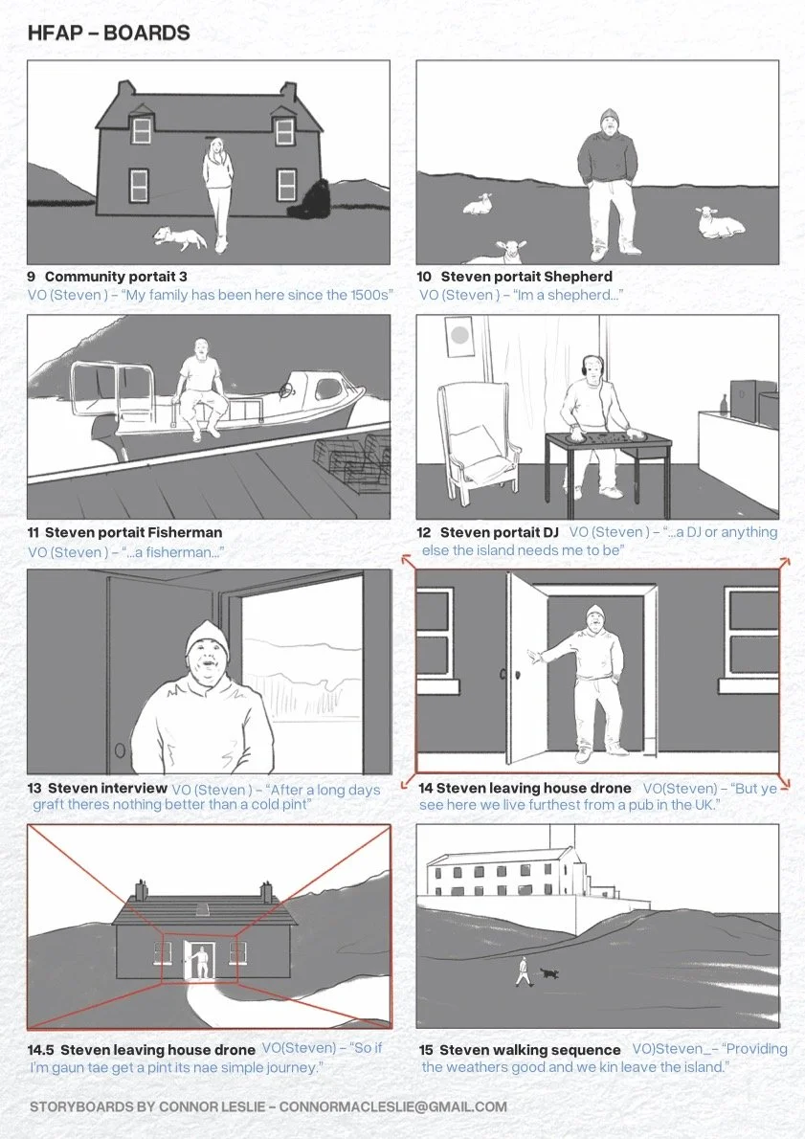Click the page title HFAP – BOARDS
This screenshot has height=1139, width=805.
coord(109,33)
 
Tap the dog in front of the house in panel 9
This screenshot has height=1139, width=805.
coord(179,236)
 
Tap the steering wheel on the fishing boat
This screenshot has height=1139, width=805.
coord(288,391)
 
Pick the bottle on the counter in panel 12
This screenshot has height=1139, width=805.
coord(723,404)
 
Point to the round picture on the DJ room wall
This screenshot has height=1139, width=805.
coord(459,336)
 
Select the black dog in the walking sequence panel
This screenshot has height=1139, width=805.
coord(549,972)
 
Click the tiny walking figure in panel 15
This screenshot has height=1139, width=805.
coord(523,971)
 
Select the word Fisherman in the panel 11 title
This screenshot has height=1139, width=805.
coord(185,532)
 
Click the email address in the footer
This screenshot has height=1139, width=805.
coord(393,1106)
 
